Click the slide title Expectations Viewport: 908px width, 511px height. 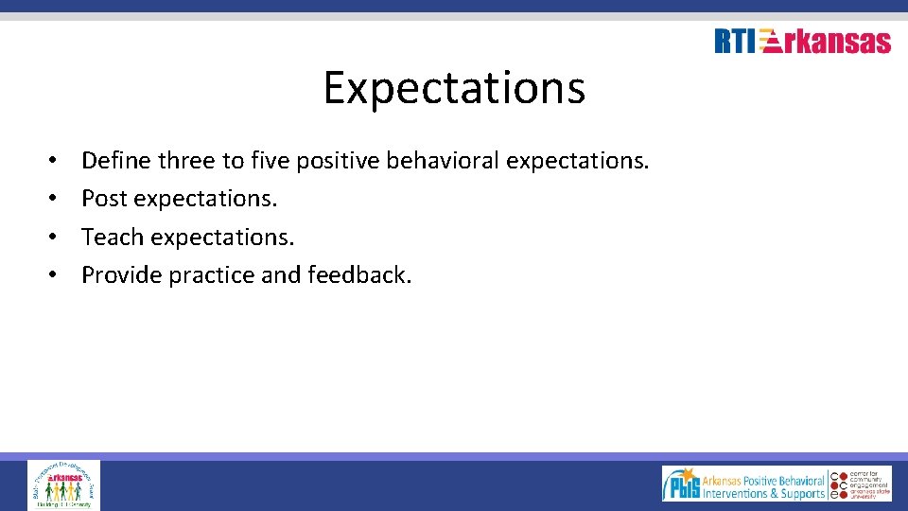pyautogui.click(x=454, y=88)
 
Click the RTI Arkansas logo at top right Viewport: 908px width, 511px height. pyautogui.click(x=802, y=41)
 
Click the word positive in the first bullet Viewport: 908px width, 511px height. pyautogui.click(x=332, y=162)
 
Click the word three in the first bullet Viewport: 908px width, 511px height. pyautogui.click(x=186, y=161)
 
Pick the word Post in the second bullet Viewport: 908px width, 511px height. pyautogui.click(x=104, y=199)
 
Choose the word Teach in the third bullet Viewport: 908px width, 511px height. pyautogui.click(x=111, y=237)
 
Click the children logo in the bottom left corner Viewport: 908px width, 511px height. pyautogui.click(x=63, y=485)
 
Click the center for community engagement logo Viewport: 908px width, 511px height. pyautogui.click(x=861, y=484)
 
